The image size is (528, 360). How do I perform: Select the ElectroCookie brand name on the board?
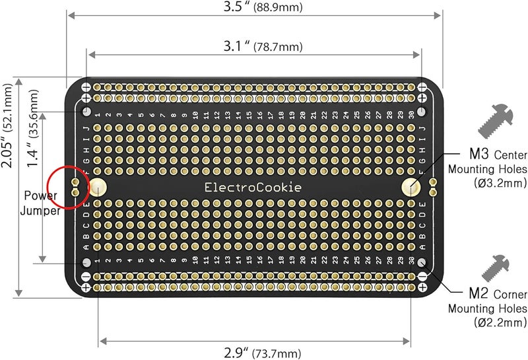[253, 187]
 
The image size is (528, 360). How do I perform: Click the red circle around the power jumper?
[69, 187]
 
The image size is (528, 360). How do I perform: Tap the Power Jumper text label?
[39, 203]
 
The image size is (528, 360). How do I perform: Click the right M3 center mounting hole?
[411, 187]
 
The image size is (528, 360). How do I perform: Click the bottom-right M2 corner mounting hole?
[422, 264]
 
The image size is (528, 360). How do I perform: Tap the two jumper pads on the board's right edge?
[432, 187]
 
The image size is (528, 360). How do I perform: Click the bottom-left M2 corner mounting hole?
[86, 264]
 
